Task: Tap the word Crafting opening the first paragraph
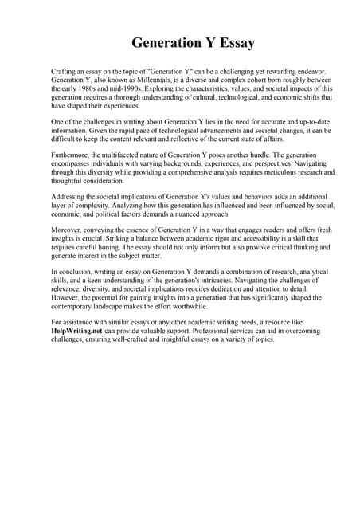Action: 65,72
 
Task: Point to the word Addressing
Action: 71,196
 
